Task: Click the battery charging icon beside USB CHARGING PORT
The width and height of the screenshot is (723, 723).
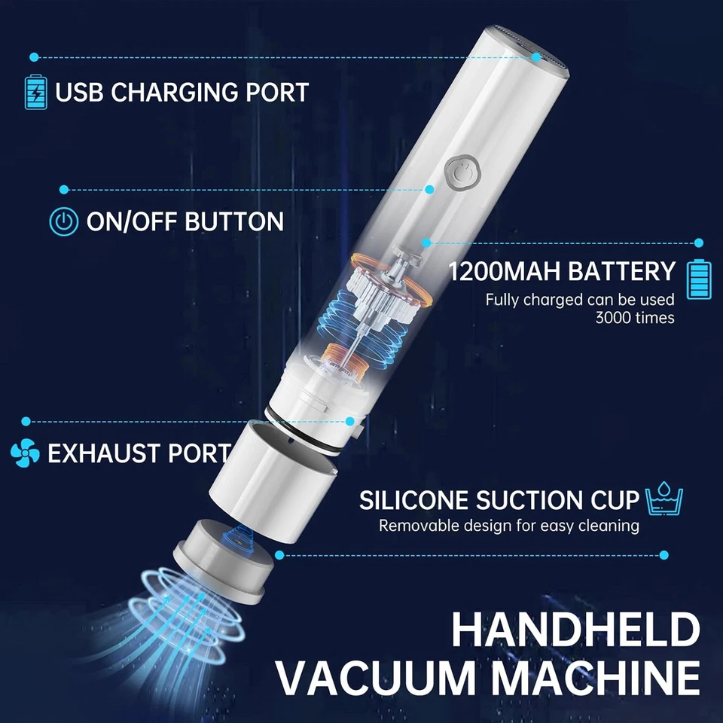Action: [35, 91]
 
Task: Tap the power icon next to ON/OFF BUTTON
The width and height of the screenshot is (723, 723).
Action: [64, 221]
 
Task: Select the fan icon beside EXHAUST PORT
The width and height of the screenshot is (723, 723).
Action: [25, 453]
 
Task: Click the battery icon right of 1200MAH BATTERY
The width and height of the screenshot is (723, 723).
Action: [698, 279]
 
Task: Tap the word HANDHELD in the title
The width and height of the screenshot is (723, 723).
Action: [575, 630]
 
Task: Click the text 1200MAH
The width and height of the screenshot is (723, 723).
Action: [505, 271]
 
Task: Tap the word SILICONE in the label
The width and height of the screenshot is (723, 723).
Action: [414, 500]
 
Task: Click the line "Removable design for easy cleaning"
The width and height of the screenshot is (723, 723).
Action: [508, 526]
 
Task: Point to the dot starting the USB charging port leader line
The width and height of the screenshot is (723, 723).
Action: [34, 56]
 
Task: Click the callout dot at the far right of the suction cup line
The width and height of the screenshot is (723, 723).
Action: [664, 555]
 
